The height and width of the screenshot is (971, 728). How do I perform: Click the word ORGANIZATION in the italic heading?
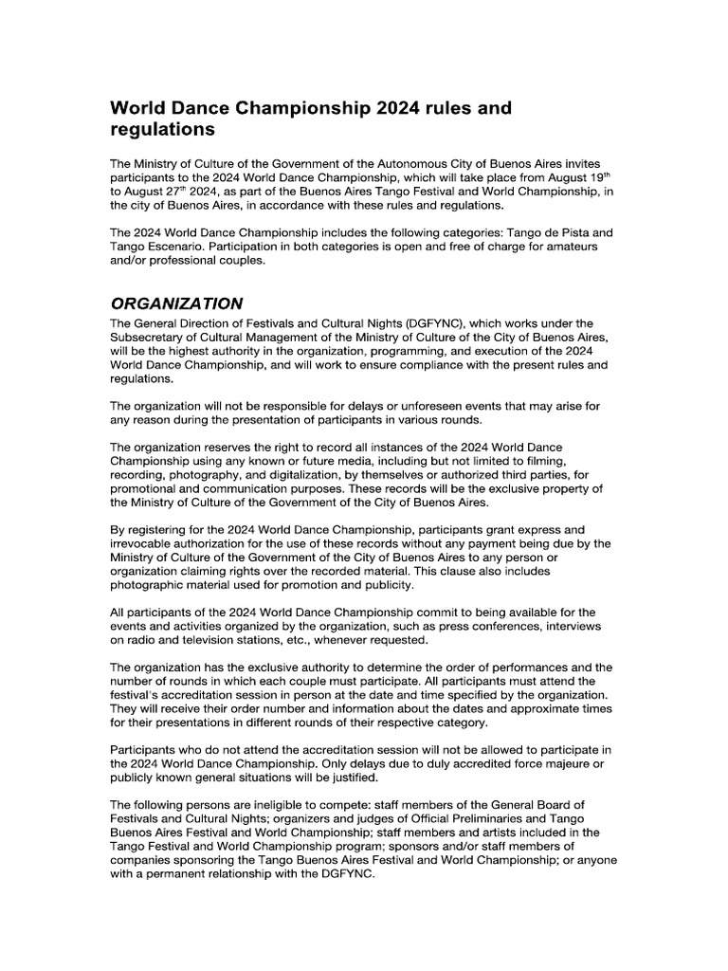tap(176, 303)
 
